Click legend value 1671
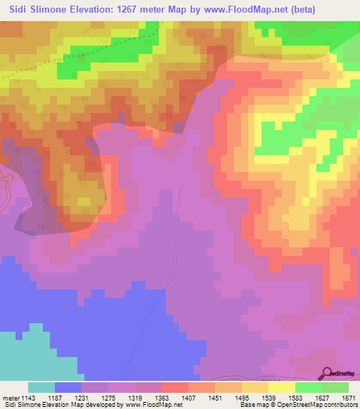click(349, 397)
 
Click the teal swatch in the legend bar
click(41, 387)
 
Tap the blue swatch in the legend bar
click(68, 387)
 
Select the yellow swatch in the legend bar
click(282, 387)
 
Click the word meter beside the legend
click(10, 397)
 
